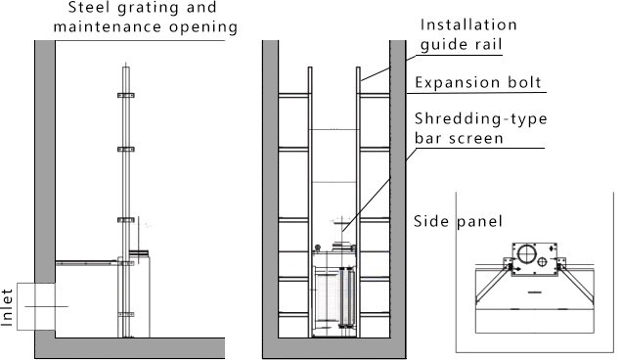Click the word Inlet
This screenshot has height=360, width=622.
point(7,308)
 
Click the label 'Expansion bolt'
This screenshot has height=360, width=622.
point(478,82)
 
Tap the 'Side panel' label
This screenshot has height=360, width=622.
point(458,221)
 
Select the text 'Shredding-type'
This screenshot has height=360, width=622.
point(481,118)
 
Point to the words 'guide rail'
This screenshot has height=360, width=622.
point(462,44)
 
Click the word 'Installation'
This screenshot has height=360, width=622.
point(468,24)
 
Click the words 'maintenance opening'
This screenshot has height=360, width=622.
point(146,27)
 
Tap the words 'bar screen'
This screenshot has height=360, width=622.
point(459,138)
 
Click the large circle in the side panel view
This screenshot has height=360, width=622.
point(526,253)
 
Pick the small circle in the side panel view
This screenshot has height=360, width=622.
point(542,262)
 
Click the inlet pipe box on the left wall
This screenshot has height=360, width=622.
point(36,306)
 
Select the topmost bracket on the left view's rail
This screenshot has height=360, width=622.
point(126,95)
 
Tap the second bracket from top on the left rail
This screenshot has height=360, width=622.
point(126,150)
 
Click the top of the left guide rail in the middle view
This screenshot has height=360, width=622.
point(310,68)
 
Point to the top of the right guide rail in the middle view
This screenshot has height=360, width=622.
point(358,68)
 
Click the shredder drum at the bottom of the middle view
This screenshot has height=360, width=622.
point(328,295)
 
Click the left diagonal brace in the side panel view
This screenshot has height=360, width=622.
point(492,283)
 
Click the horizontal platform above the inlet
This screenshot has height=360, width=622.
point(87,263)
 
